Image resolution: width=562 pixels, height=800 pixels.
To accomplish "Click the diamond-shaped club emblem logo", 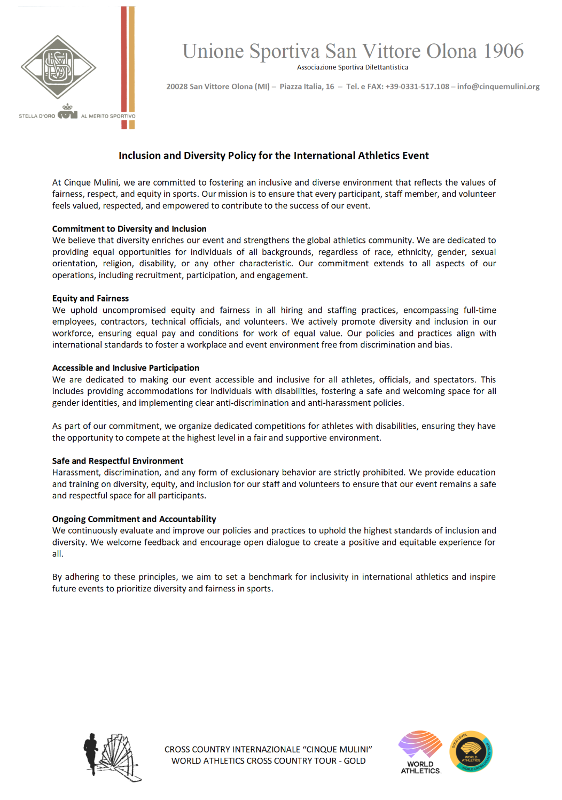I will pos(58,67).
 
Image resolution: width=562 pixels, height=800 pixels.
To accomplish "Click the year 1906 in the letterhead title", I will pos(503,51).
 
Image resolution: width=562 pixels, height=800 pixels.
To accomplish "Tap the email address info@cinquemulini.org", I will pos(498,87).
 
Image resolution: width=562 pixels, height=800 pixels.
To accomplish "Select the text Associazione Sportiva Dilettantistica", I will pos(353,67).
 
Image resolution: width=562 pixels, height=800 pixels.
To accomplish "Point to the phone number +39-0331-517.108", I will pos(417,87).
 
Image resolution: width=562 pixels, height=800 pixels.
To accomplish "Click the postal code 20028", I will pos(177,87).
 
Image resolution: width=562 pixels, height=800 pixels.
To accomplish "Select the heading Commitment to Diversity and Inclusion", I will pos(129,229).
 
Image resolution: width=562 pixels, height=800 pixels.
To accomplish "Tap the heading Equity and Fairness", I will pos(90,298).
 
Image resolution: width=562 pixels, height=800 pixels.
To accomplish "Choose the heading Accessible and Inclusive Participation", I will pos(126,368).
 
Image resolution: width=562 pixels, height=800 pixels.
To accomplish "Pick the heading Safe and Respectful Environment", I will pos(118,461).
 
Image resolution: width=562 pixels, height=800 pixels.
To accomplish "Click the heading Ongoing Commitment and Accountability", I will pos(134,519).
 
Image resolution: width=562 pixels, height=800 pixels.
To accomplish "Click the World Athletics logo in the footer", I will pos(420,752).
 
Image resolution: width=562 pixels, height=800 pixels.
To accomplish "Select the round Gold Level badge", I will pos(471,752).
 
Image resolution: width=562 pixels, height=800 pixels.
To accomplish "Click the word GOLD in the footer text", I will pos(355,761).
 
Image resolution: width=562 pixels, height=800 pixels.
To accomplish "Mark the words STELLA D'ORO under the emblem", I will pos(37,116).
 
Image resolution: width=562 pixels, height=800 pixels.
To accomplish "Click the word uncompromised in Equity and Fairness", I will pos(134,310).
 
